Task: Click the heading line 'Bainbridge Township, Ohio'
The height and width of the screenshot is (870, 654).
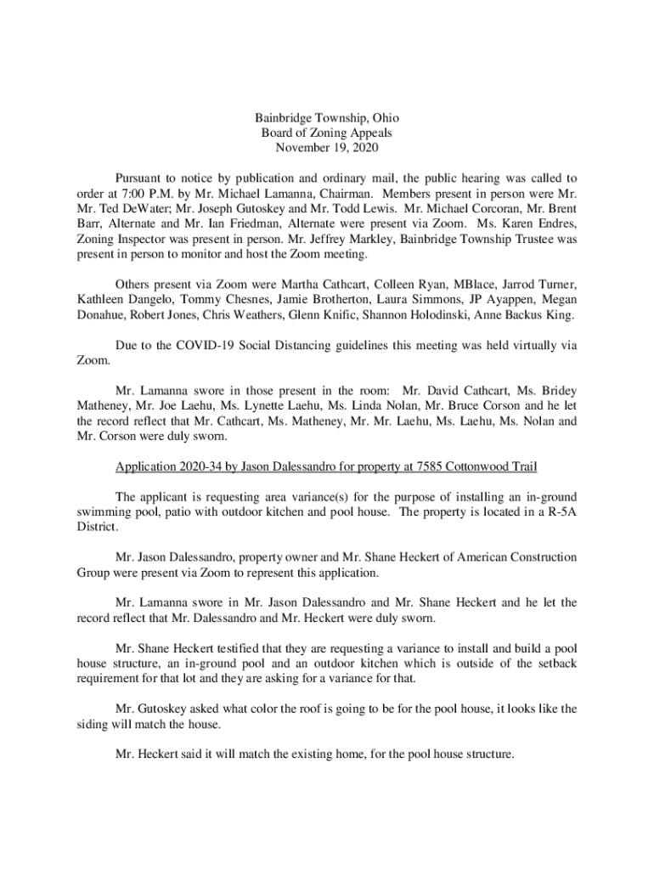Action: (326, 118)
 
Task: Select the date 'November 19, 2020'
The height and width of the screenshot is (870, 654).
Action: (326, 148)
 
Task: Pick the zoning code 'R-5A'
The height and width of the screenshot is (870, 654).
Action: (560, 511)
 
